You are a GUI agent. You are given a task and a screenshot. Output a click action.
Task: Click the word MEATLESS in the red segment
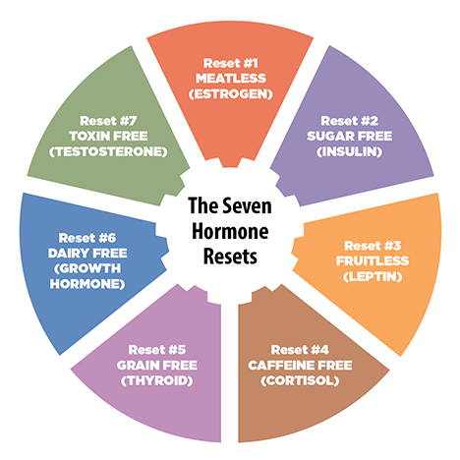pyautogui.click(x=231, y=79)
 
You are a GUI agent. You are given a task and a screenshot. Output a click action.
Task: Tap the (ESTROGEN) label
pyautogui.click(x=231, y=94)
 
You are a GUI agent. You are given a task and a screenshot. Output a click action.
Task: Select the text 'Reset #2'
pyautogui.click(x=349, y=121)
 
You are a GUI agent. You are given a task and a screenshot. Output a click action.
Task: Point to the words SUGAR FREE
pyautogui.click(x=349, y=136)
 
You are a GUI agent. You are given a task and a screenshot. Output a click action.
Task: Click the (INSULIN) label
pyautogui.click(x=349, y=151)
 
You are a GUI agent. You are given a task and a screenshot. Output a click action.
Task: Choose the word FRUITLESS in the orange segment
pyautogui.click(x=373, y=261)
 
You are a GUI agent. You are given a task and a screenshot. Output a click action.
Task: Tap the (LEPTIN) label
pyautogui.click(x=373, y=277)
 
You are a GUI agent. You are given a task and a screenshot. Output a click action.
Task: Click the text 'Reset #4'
pyautogui.click(x=300, y=350)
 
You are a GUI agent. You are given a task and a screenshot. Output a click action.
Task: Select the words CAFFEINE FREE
pyautogui.click(x=300, y=365)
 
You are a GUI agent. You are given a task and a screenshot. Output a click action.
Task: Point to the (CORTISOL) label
pyautogui.click(x=300, y=380)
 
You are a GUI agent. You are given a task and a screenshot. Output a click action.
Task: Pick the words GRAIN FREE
pyautogui.click(x=157, y=365)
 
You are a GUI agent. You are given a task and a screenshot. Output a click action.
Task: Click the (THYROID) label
pyautogui.click(x=157, y=380)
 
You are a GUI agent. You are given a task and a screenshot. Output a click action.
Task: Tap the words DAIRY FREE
pyautogui.click(x=87, y=253)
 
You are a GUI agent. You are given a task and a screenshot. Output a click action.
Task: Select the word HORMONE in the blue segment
pyautogui.click(x=87, y=284)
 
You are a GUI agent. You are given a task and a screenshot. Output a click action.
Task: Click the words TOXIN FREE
pyautogui.click(x=108, y=136)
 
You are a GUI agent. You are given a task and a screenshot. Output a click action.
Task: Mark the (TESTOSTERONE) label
pyautogui.click(x=108, y=151)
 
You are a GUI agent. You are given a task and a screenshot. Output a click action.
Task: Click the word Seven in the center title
pyautogui.click(x=248, y=205)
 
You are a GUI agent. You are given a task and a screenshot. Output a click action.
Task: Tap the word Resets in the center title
pyautogui.click(x=230, y=257)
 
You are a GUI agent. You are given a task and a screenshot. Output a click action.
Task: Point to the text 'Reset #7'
pyautogui.click(x=108, y=121)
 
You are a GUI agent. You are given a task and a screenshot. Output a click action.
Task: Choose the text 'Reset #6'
pyautogui.click(x=87, y=238)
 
